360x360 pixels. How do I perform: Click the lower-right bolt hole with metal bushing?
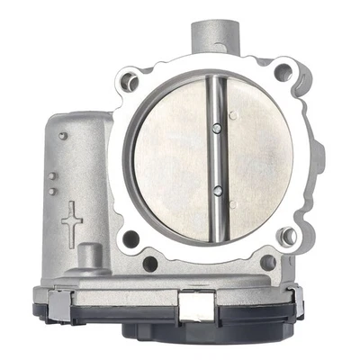[289, 237]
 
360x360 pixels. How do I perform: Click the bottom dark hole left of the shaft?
[150, 264]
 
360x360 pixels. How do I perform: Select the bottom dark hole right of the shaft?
[267, 263]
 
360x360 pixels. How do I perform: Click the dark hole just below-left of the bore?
[131, 238]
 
